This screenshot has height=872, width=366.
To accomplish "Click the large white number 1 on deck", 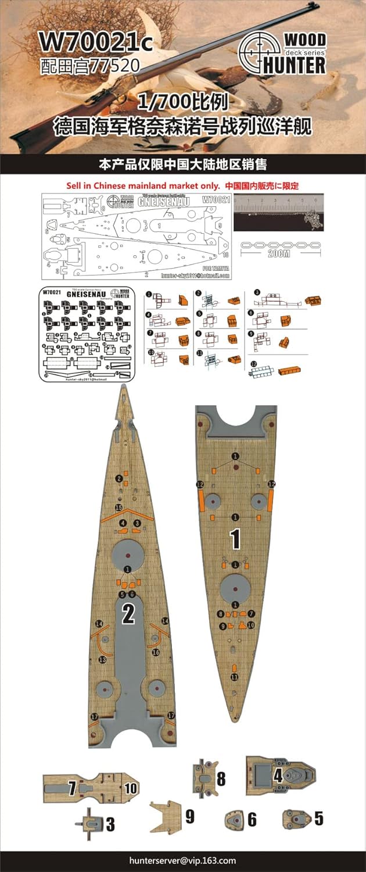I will point(236,539).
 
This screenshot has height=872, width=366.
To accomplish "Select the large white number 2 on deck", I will point(128,614).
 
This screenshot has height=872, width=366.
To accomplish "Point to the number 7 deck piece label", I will point(72,788).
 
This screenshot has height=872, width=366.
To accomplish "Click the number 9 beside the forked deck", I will point(189,816).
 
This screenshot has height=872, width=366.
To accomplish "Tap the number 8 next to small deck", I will point(221,778).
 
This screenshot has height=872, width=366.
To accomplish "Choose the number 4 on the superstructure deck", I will point(278,775).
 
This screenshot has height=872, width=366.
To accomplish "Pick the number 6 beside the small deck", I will point(252,819).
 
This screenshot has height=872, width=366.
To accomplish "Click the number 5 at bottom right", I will point(318,819).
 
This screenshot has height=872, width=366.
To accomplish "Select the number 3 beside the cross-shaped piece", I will point(110,824).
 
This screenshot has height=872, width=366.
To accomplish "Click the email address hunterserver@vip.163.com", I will point(182,860).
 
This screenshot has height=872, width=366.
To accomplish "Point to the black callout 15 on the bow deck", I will point(119,508).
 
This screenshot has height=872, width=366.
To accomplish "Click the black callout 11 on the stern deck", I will point(234,677).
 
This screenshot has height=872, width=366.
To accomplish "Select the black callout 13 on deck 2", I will point(102,660).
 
